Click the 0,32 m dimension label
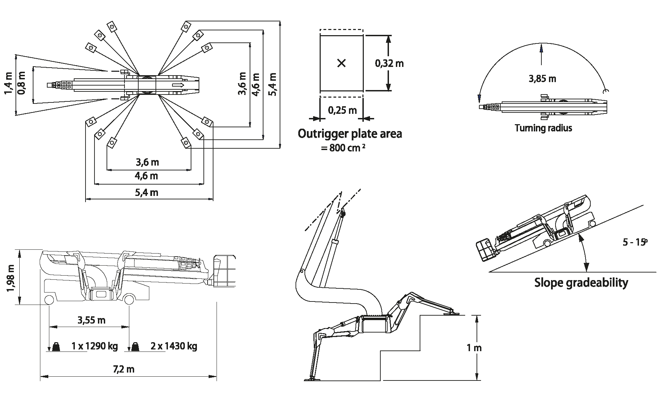coord(389,63)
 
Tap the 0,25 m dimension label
coord(342,110)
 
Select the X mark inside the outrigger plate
coord(341,63)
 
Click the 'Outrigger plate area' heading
coord(350,133)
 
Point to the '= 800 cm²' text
coord(343,148)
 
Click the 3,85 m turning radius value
coord(542,79)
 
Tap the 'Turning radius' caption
coord(543,128)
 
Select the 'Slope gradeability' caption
coord(581,283)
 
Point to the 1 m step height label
coord(474,348)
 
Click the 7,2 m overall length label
coord(123,369)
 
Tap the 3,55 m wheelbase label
coord(91,320)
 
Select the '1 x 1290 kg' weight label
coord(94,346)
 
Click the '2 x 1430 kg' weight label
coord(174,346)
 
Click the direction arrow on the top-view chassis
coord(178,85)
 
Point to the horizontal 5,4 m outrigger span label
coord(147,192)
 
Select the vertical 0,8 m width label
coord(21,83)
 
